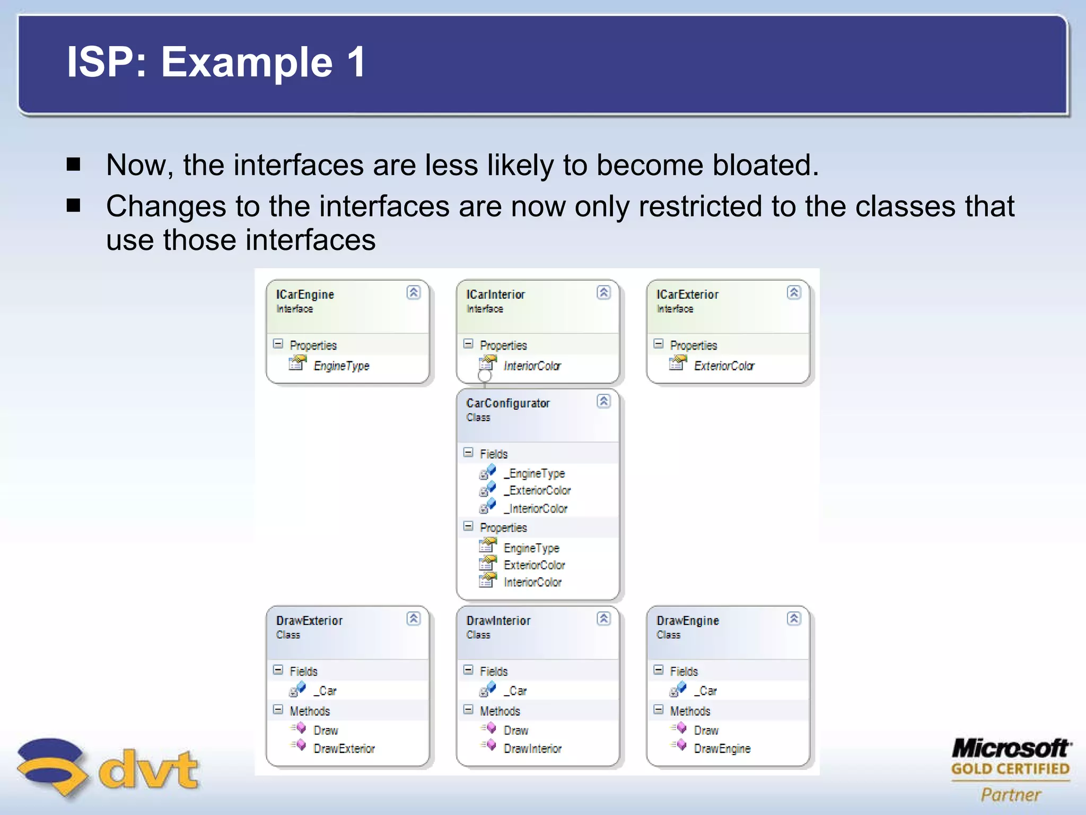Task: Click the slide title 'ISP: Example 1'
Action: pos(216,62)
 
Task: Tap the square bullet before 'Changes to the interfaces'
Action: pos(74,205)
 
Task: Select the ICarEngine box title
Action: pos(305,294)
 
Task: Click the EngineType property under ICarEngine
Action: pos(341,366)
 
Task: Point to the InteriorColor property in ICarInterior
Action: pos(531,366)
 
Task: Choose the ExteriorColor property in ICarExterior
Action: pos(723,366)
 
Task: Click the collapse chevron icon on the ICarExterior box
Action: pos(793,292)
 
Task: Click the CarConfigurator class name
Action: pos(507,403)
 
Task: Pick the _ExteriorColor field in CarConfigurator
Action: pos(537,490)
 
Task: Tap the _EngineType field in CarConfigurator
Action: pos(534,473)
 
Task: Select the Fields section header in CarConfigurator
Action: pos(493,454)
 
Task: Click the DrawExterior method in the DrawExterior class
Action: pos(344,748)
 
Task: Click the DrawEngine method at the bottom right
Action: pos(722,748)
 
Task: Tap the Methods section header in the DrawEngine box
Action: pos(689,711)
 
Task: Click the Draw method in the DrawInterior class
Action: pos(515,731)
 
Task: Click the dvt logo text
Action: pos(148,769)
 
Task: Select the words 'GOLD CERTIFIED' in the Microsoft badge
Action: pos(1010,769)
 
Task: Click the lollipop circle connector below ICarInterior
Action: pos(485,376)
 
